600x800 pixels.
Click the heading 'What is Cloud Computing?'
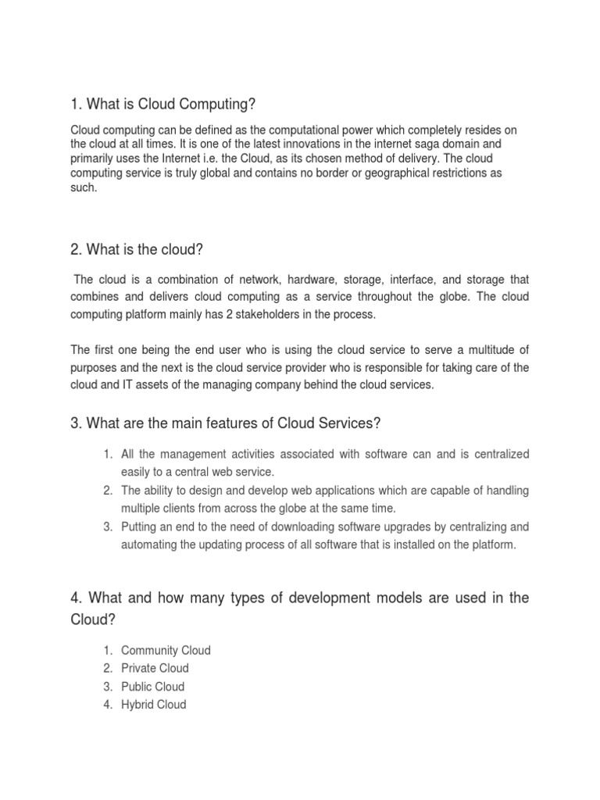point(163,105)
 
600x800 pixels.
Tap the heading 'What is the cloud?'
point(137,249)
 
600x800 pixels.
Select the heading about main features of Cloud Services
point(225,423)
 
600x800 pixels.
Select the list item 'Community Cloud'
point(166,650)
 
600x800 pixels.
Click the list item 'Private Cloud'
point(155,668)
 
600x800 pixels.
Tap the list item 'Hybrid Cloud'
point(153,704)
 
